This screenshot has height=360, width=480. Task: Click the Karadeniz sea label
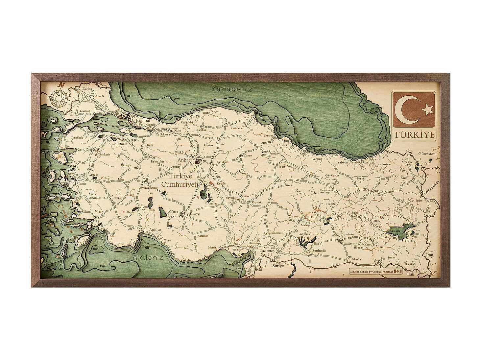[232, 89]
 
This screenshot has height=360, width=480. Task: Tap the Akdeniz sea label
[148, 257]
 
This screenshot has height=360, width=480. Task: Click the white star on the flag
[428, 109]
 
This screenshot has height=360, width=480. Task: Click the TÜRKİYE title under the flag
[414, 135]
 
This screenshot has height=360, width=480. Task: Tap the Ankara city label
[185, 160]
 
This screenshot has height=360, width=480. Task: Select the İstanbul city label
[143, 121]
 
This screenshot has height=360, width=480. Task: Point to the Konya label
[194, 213]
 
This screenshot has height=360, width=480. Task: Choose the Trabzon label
[342, 162]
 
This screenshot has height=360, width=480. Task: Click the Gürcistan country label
[427, 154]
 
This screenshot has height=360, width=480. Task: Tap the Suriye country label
[278, 266]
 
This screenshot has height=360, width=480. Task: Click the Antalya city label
[155, 229]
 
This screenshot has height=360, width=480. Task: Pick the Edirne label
[87, 89]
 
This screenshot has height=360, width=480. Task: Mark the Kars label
[404, 178]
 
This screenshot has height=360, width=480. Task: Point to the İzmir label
[82, 183]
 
